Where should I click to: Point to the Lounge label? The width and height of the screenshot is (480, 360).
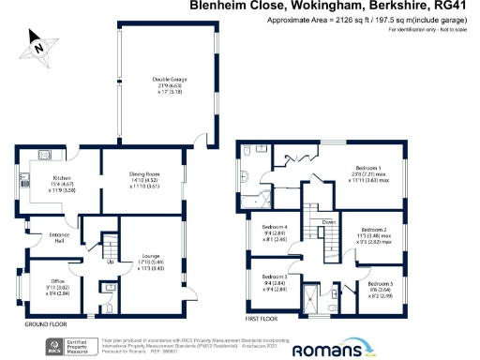click(150, 257)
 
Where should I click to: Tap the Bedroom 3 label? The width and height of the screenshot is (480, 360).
click(274, 277)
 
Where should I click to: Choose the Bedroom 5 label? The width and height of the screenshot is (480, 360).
click(381, 283)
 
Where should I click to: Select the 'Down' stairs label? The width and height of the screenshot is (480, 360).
click(328, 222)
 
